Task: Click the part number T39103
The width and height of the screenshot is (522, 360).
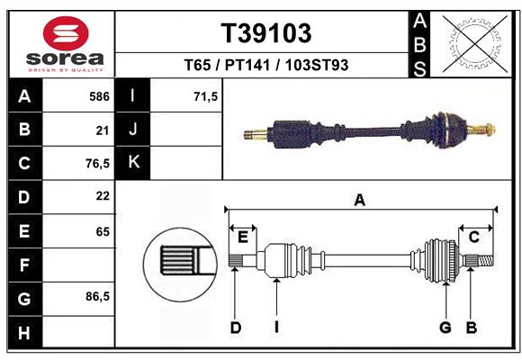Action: coord(266,33)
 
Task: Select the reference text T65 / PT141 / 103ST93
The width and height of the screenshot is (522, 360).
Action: coord(266,65)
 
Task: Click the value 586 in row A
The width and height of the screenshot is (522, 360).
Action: coord(99,96)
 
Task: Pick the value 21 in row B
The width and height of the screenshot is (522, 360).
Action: coord(102,130)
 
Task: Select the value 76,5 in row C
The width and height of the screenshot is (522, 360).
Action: coord(97,164)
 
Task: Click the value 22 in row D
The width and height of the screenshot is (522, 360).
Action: coord(102,195)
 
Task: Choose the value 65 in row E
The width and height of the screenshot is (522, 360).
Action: coord(102,231)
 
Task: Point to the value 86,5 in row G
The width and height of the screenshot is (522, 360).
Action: coord(97,296)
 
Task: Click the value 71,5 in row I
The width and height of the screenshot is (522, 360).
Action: coord(206,96)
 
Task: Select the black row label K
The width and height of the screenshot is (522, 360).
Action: coord(133,162)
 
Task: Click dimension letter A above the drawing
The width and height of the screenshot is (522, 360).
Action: coord(359,201)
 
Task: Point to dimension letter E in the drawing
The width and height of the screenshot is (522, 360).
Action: coord(242,237)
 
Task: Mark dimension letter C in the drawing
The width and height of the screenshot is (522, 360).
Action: coord(473,237)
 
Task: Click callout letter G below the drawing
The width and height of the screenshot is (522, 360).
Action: coord(445,328)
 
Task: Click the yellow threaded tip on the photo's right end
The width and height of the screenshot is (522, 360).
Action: coord(486,128)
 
